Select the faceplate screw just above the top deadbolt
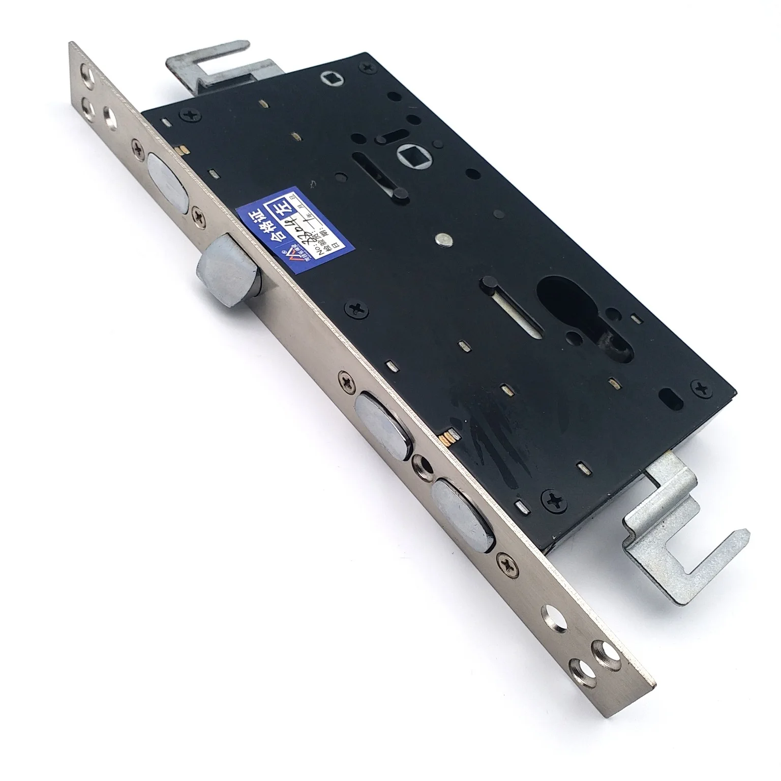(138, 147)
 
